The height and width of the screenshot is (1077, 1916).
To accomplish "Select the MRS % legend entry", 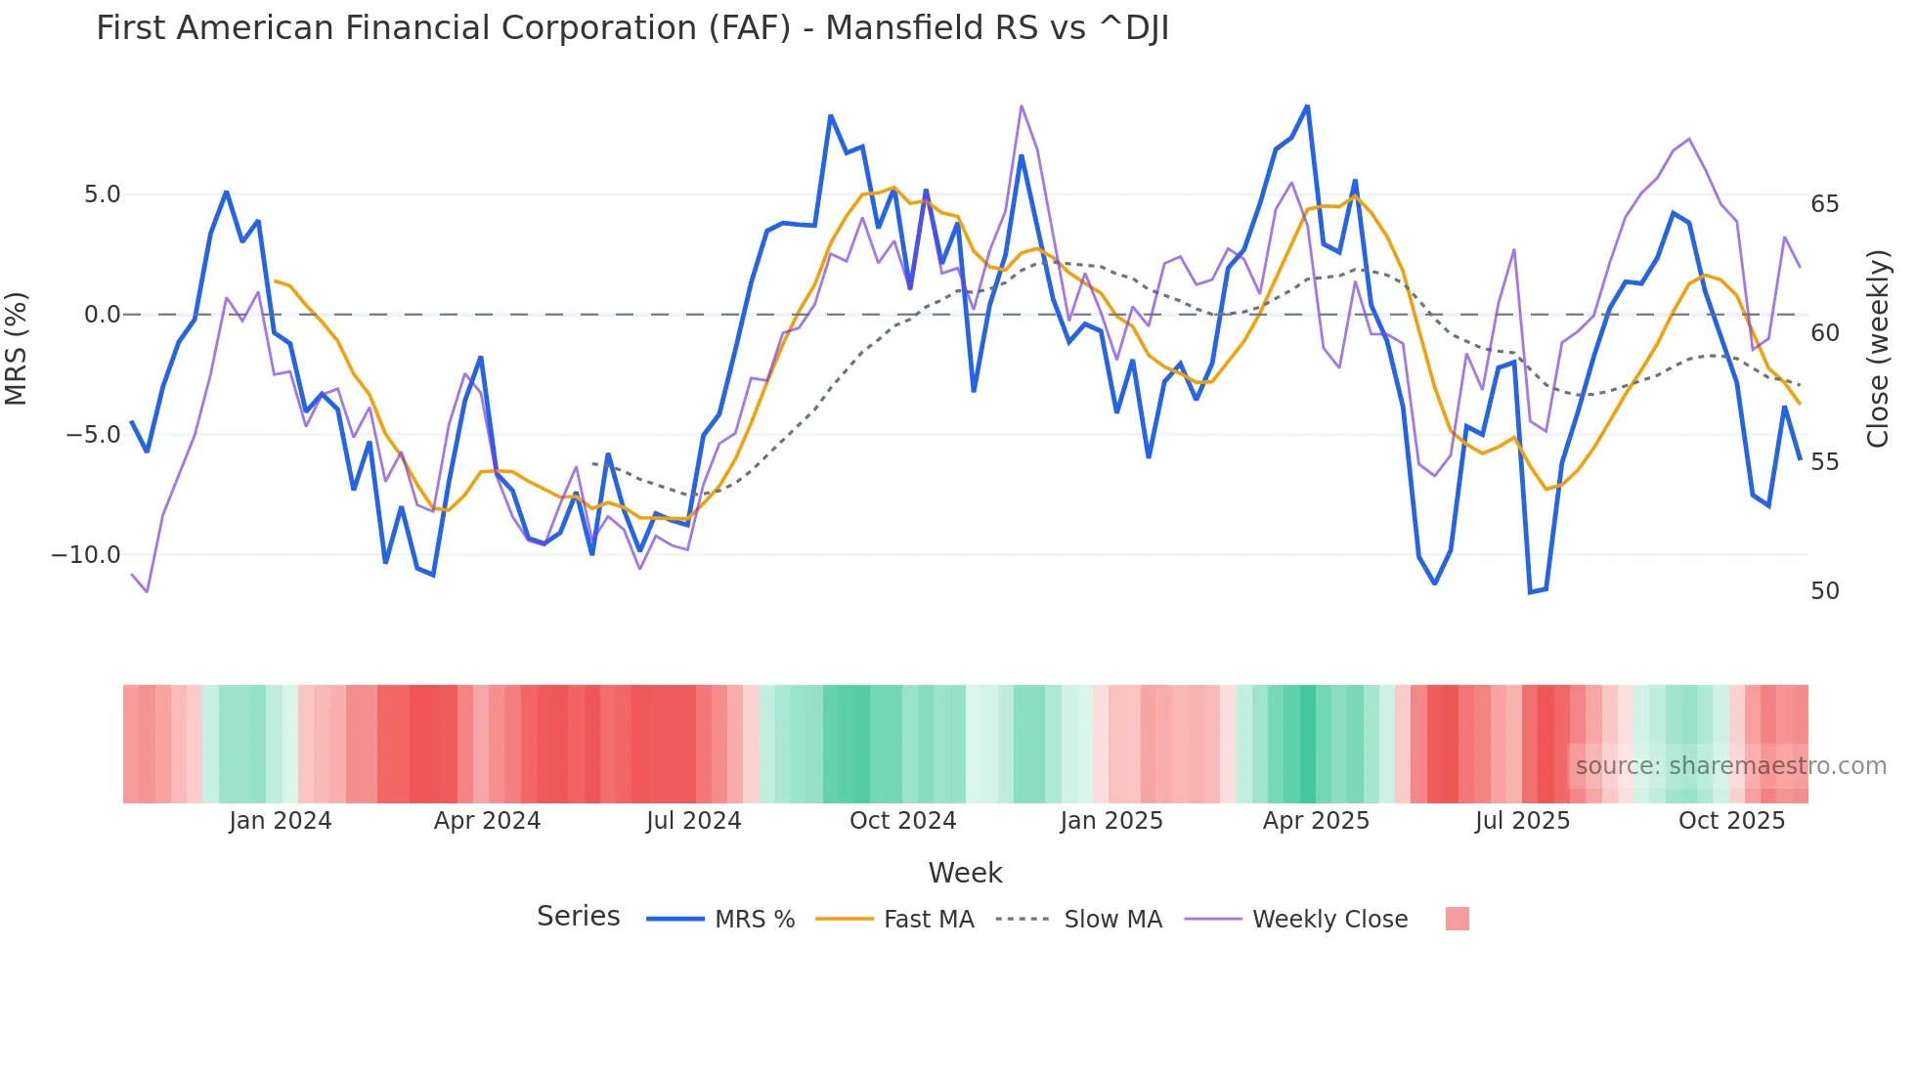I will [754, 920].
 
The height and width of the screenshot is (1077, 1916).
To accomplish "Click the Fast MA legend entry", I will [928, 920].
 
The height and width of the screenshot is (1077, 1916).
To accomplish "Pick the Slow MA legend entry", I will [1112, 920].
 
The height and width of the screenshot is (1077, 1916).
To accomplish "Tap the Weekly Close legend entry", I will [1329, 920].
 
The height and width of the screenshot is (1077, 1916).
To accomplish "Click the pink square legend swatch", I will [1457, 919].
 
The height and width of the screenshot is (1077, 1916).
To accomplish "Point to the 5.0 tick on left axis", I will [102, 194].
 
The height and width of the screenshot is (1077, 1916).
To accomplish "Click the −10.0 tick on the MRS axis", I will [86, 555].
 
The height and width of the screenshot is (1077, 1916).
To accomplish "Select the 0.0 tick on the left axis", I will [102, 315].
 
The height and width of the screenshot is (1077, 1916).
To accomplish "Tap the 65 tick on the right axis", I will [1824, 204].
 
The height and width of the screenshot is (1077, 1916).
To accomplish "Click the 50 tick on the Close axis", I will [1824, 591].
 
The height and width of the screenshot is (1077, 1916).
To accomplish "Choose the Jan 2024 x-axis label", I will [281, 821].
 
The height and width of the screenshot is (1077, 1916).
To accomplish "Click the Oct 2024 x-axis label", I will [902, 821].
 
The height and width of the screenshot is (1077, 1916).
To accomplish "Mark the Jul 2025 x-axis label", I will [1522, 821].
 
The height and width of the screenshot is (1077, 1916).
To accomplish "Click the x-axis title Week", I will [965, 873].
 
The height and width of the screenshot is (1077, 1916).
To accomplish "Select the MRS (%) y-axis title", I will [17, 348].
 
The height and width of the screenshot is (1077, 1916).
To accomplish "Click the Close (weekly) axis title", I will [1877, 348].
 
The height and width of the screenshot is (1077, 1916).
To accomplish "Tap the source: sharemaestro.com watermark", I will [1730, 766].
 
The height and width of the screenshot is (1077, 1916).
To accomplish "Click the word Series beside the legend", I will [578, 917].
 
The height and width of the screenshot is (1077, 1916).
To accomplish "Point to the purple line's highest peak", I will [1022, 106].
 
